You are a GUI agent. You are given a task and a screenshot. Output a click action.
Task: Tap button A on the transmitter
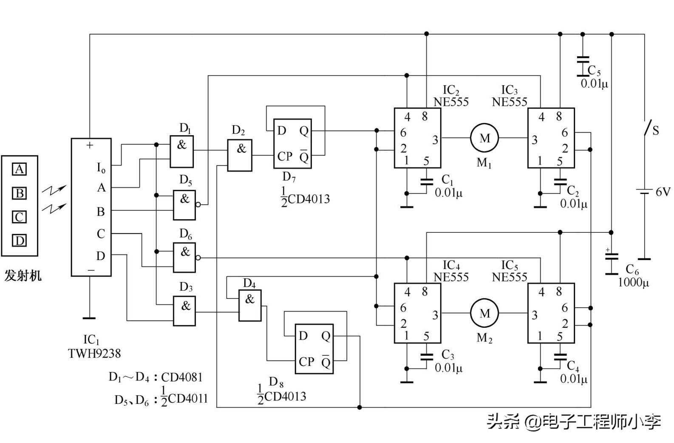coord(19,169)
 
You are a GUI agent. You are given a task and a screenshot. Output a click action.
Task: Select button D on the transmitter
coord(19,240)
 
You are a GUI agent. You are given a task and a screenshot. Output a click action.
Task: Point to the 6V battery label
coord(663,191)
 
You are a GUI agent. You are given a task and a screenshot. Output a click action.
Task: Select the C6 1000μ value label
coord(633,283)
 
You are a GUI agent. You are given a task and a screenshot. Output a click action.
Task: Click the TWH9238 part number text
coord(94,354)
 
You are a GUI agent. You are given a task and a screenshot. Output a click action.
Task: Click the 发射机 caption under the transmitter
coord(23,275)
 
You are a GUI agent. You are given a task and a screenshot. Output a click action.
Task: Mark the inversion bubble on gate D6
coord(198,257)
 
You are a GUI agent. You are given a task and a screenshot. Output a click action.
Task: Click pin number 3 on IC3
coord(534,140)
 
